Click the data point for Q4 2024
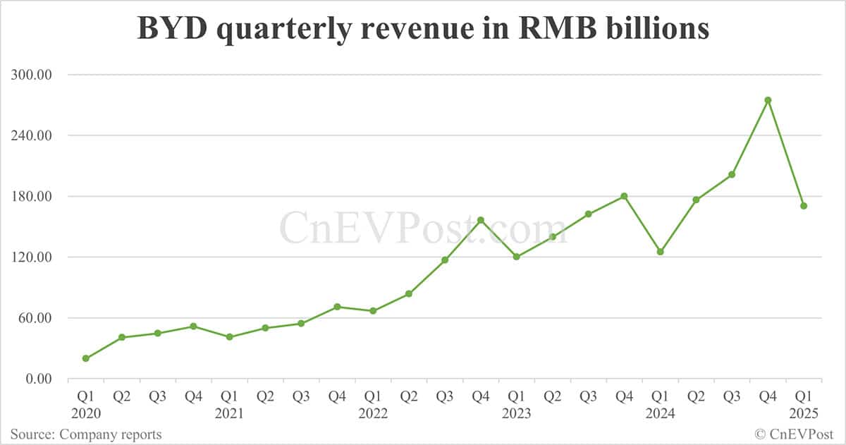coord(768,100)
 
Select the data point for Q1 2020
coord(86,358)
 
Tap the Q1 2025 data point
coord(804,206)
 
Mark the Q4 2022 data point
coord(481,220)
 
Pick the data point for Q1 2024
coord(660,252)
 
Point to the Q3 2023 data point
coord(588,214)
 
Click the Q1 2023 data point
coord(516,257)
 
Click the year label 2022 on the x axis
coord(373,414)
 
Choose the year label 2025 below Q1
coord(804,414)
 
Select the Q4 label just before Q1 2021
coord(194,397)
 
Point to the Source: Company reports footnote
coord(85,434)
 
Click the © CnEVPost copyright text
coord(795,434)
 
